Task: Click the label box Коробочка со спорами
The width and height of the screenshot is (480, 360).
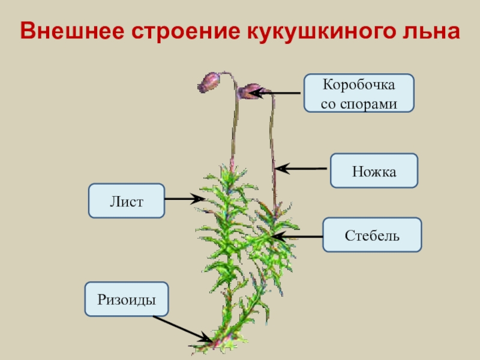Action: (359, 93)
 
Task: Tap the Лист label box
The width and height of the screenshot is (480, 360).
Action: (126, 200)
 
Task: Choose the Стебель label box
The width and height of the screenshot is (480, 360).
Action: (372, 234)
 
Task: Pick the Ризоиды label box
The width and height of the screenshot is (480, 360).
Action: (127, 299)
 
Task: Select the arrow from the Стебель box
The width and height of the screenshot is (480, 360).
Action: (296, 237)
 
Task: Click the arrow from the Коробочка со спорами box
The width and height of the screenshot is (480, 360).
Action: (276, 93)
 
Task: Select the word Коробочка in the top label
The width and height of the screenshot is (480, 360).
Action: (359, 84)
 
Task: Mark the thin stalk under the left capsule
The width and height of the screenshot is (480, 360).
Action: (233, 126)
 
